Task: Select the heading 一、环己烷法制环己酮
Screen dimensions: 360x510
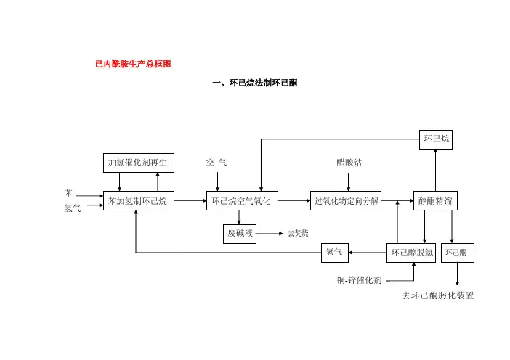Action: [x=254, y=83]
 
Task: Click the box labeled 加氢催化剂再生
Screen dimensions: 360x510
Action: [x=137, y=163]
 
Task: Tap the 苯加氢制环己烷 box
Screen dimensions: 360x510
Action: [x=137, y=201]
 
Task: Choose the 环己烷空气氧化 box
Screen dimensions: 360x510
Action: [x=240, y=201]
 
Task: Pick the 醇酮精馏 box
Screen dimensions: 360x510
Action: [x=435, y=201]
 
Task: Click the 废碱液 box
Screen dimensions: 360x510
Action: [x=240, y=234]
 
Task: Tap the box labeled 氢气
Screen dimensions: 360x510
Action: [x=335, y=253]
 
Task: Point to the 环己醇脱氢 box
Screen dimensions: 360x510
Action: [x=412, y=253]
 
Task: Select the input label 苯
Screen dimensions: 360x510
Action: [x=68, y=194]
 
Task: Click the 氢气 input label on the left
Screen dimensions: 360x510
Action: [x=72, y=208]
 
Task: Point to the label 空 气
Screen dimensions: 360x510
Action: [x=216, y=163]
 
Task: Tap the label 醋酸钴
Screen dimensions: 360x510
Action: [x=349, y=163]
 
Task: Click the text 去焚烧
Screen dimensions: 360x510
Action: [x=298, y=234]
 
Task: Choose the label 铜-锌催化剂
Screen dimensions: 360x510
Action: [x=359, y=279]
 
